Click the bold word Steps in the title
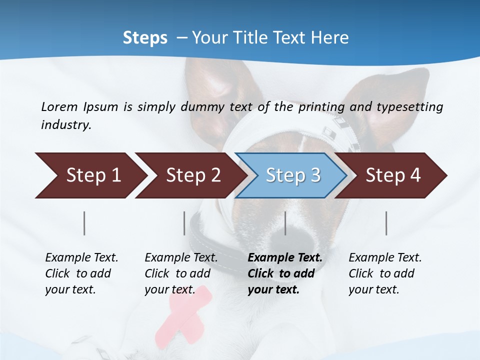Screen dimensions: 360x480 tap(145, 38)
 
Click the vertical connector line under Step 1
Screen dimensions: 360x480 tap(84, 223)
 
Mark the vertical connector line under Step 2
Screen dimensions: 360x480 tap(184, 223)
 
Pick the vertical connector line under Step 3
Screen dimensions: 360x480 tap(285, 223)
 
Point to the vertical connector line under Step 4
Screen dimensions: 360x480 tap(386, 223)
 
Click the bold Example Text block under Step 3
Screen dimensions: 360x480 tap(284, 273)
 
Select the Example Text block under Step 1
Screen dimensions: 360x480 tap(81, 273)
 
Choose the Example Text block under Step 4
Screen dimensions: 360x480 tap(385, 273)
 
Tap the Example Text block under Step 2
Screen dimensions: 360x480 tap(181, 273)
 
